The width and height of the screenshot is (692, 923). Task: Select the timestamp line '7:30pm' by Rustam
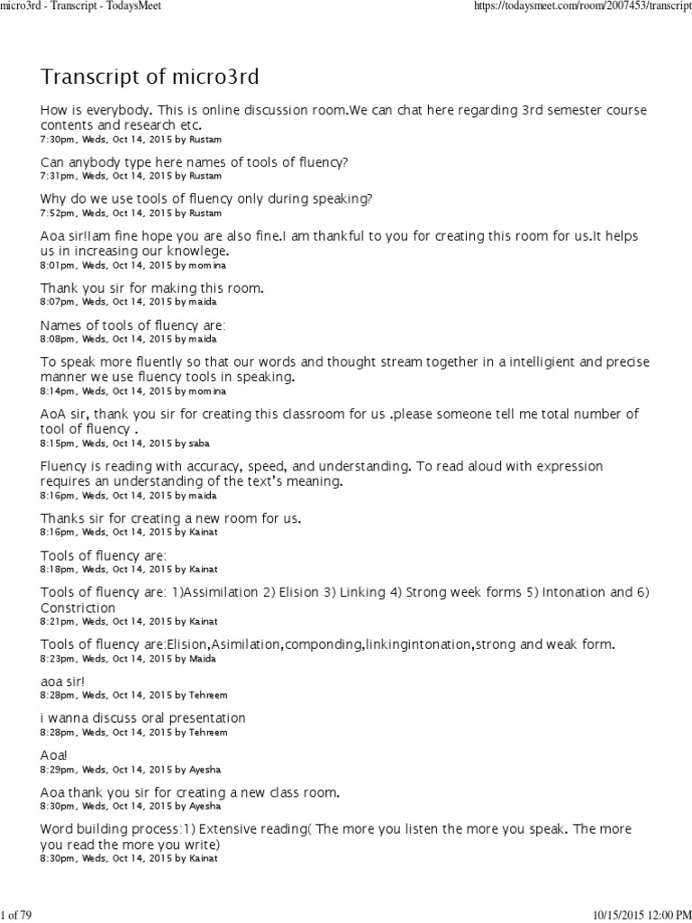pos(130,140)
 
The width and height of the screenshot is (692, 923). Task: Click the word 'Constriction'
pos(77,608)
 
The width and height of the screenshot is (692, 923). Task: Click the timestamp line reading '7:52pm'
pos(130,214)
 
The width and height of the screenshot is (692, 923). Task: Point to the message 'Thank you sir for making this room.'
pos(151,288)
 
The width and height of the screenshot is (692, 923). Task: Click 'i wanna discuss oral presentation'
pos(142,718)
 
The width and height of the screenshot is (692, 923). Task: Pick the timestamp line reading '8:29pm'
pos(129,771)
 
